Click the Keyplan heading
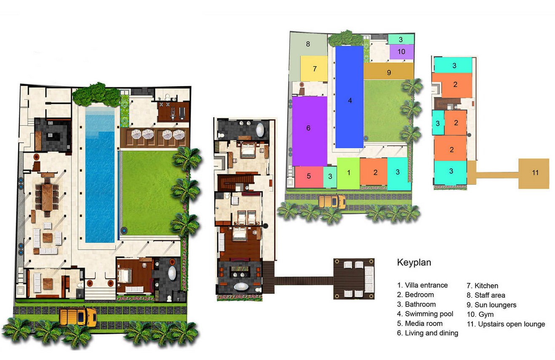(x=414, y=262)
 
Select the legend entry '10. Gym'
(x=480, y=315)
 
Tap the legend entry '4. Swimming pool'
(x=425, y=314)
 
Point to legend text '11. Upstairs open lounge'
(x=506, y=324)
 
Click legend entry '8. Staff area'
(x=486, y=295)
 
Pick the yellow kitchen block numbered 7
(x=314, y=68)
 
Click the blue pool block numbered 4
(x=350, y=97)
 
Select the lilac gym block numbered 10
(x=402, y=52)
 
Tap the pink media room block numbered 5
(x=309, y=177)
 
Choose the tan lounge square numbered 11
(x=534, y=173)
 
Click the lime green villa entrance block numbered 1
(x=348, y=173)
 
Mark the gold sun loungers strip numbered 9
(x=389, y=71)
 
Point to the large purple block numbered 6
(x=310, y=131)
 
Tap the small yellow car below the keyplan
(x=332, y=201)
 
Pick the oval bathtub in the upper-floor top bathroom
(x=260, y=130)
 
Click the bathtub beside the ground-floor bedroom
(x=172, y=273)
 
